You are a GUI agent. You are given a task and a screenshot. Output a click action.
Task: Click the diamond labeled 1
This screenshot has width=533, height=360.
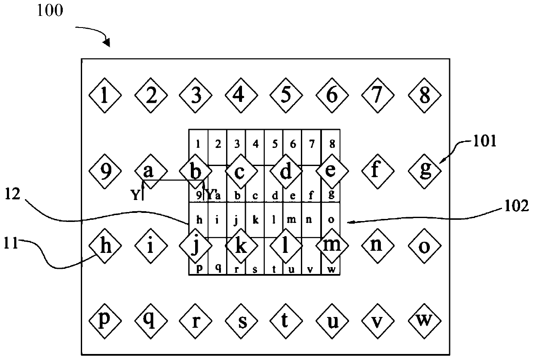click(x=104, y=95)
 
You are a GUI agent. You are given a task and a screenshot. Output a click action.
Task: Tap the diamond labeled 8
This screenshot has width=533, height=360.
click(x=425, y=95)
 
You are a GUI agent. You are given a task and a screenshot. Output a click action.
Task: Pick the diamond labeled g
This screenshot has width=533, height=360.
click(x=425, y=171)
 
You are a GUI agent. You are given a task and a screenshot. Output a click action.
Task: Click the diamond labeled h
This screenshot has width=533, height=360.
click(x=104, y=247)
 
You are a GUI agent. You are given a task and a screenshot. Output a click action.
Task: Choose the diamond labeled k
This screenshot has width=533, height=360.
click(x=241, y=247)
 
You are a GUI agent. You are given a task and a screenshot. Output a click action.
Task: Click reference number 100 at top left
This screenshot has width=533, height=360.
click(x=50, y=11)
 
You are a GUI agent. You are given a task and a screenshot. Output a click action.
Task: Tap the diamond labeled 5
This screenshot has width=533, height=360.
click(x=286, y=95)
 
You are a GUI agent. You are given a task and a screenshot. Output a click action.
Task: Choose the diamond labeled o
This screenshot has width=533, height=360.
click(x=425, y=247)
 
